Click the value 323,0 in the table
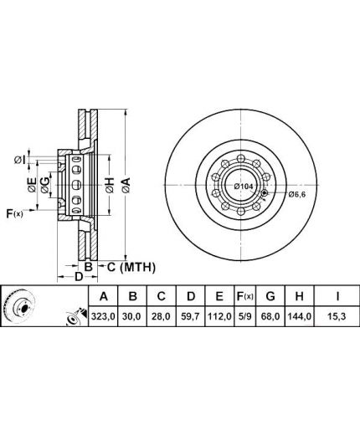(103, 316)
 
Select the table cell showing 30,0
(132, 316)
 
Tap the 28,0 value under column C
(162, 316)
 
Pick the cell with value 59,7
(190, 316)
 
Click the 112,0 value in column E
(219, 316)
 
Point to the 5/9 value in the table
(245, 316)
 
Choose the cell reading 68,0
(270, 316)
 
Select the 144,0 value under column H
(300, 316)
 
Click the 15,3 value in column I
(337, 316)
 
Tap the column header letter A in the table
(104, 296)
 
